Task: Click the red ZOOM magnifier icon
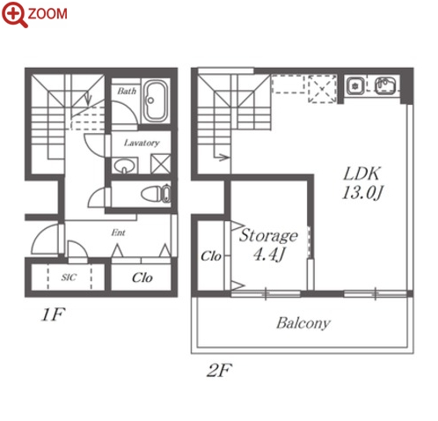click(x=15, y=14)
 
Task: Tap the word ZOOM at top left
click(x=47, y=14)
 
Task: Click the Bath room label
click(x=127, y=91)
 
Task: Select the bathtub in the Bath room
click(x=155, y=100)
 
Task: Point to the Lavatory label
click(x=142, y=143)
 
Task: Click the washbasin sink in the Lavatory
click(x=125, y=166)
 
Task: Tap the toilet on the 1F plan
click(x=156, y=194)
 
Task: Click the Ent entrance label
click(x=118, y=233)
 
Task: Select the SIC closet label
click(x=69, y=277)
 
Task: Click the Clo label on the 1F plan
click(x=142, y=277)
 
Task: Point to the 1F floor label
click(x=53, y=314)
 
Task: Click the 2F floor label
click(x=219, y=370)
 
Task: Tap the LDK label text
click(x=362, y=174)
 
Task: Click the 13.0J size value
click(x=362, y=193)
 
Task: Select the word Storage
click(x=268, y=236)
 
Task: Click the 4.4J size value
click(x=269, y=255)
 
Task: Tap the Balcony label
click(x=303, y=323)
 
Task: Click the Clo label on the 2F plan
click(x=211, y=256)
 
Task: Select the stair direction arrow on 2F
click(x=222, y=158)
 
